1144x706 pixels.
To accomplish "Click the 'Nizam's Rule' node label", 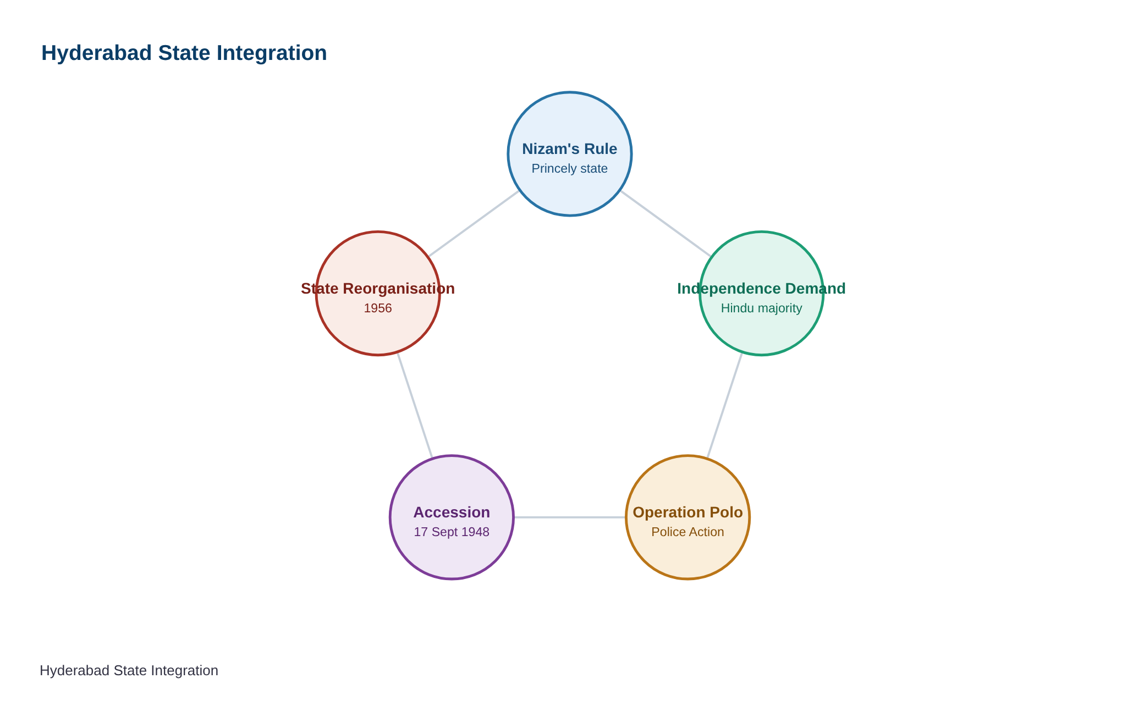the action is tap(569, 149).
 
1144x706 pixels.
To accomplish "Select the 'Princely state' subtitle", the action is tap(569, 169).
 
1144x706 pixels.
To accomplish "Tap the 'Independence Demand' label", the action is tap(761, 289).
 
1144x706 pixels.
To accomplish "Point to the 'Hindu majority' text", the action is tap(761, 308).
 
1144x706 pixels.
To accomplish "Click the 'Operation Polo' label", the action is tap(687, 512).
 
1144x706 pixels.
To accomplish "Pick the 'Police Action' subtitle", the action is tap(687, 532).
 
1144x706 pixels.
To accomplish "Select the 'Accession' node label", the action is tap(452, 512).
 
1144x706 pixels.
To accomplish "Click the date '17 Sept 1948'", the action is tap(452, 532).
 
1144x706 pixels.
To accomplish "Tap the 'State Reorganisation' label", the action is tap(378, 289).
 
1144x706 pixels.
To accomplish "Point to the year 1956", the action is tap(378, 308).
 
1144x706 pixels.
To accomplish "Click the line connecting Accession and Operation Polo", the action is tap(570, 517).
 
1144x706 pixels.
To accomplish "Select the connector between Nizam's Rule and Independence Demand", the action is tap(665, 224).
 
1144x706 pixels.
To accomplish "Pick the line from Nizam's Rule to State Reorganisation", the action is tap(474, 224).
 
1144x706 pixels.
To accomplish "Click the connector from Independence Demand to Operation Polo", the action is tap(724, 406).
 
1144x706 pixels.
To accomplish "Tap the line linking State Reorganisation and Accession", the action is tap(415, 406).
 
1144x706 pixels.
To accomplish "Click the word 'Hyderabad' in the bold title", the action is tap(97, 53).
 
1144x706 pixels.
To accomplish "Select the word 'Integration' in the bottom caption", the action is tap(188, 671).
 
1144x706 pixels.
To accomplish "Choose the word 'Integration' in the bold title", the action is tap(272, 53).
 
